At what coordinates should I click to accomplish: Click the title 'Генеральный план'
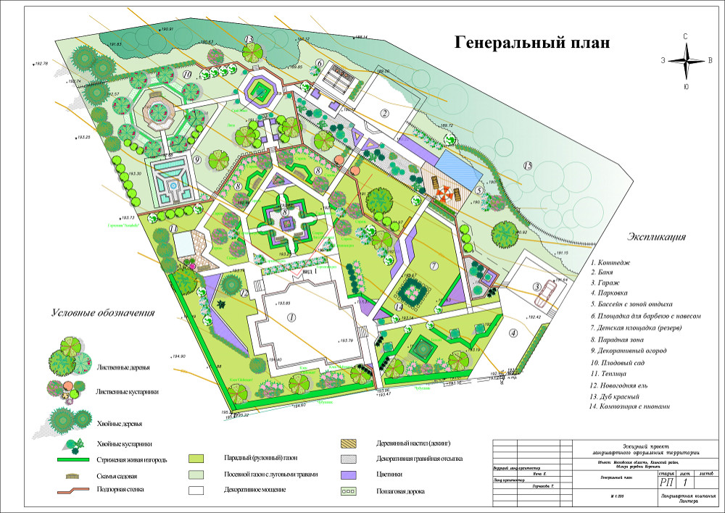[532, 43]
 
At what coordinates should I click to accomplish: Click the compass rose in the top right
[685, 62]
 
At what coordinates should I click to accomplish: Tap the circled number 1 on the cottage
[291, 317]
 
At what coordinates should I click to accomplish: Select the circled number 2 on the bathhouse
[386, 112]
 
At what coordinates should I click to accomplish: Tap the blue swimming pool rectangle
[454, 165]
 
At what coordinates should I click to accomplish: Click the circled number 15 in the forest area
[528, 167]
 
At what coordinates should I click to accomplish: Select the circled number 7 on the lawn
[434, 266]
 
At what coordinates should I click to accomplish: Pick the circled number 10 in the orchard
[186, 74]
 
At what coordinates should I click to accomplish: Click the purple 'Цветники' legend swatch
[352, 475]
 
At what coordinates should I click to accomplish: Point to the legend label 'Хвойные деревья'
[120, 423]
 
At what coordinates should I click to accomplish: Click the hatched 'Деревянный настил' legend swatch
[352, 443]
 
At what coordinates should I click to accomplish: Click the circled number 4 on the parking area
[513, 333]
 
